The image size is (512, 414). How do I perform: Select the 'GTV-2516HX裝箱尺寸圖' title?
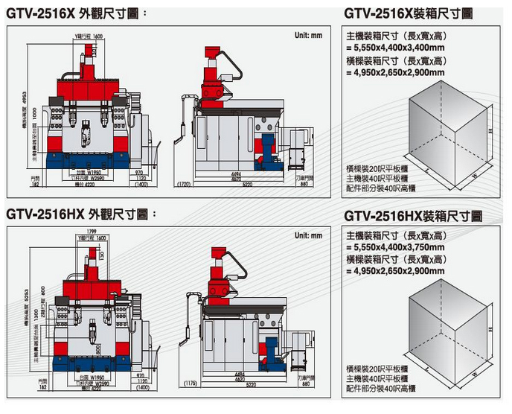click(x=413, y=216)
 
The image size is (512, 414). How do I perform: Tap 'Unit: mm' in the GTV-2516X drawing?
click(x=307, y=35)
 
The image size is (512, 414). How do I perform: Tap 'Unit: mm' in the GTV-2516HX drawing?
click(x=307, y=235)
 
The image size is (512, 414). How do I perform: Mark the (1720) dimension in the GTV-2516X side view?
click(x=184, y=182)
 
